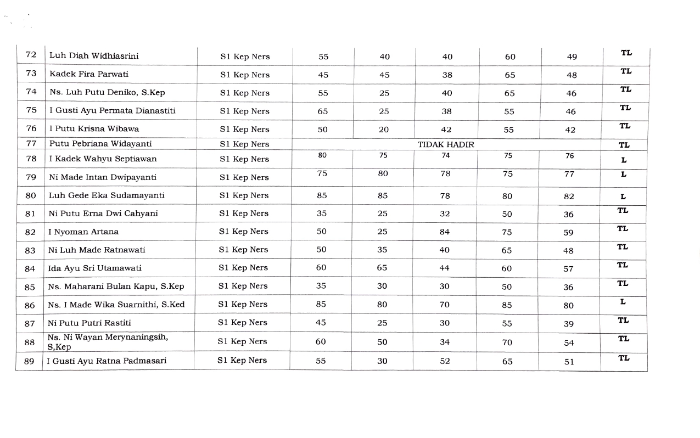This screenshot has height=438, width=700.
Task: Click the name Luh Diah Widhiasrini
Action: (x=94, y=56)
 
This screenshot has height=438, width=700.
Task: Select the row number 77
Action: (x=31, y=144)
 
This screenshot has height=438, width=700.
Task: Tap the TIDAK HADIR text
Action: (x=446, y=144)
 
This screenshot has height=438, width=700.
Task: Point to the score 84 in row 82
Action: (x=444, y=232)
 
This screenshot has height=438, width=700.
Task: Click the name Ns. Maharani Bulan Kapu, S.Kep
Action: (x=116, y=286)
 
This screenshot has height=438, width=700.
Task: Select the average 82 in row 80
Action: (x=569, y=196)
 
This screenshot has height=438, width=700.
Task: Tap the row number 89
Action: (x=30, y=361)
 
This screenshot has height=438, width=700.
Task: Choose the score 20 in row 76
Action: (x=384, y=130)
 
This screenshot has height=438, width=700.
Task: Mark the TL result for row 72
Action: (x=626, y=53)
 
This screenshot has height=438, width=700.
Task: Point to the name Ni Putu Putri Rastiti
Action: (x=89, y=323)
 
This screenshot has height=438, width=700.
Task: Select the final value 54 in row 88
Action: (x=569, y=342)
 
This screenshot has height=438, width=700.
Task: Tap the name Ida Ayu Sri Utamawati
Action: (x=95, y=268)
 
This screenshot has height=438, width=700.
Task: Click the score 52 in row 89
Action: (x=445, y=361)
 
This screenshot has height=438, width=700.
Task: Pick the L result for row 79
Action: (x=623, y=174)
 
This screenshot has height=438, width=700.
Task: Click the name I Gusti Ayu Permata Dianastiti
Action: (x=113, y=111)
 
